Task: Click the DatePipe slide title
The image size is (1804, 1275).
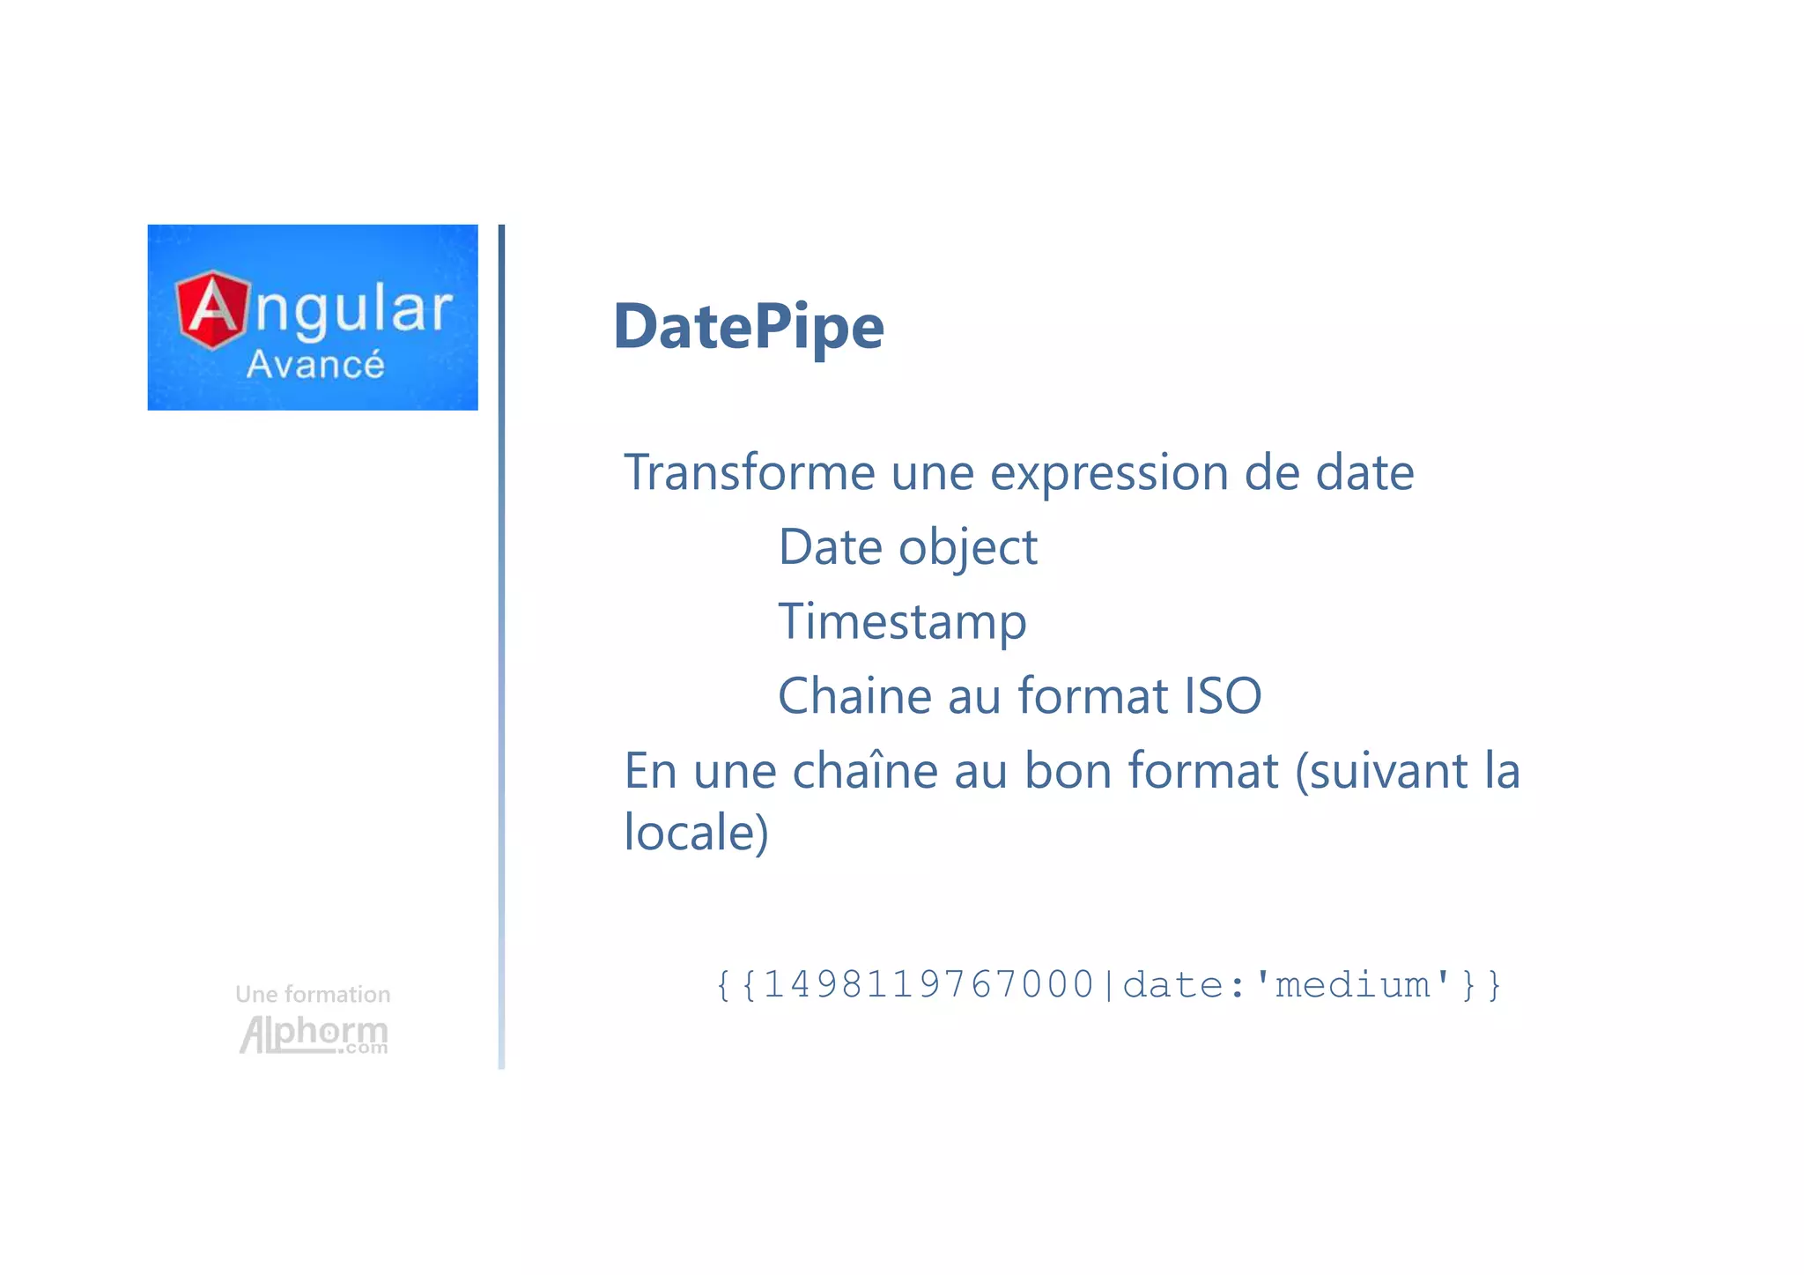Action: coord(748,327)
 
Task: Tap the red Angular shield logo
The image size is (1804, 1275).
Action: coord(212,309)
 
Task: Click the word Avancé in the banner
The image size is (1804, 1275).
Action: coord(315,365)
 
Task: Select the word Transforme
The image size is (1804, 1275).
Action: coord(749,472)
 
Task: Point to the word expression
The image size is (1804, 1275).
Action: coord(1108,474)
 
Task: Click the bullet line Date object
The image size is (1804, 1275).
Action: coord(907,548)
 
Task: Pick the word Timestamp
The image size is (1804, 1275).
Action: coord(902,622)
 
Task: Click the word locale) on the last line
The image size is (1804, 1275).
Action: coord(696,832)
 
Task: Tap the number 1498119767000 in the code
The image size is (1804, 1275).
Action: coord(928,984)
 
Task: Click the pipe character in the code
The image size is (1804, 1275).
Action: coord(1108,984)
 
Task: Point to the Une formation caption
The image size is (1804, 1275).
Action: coord(313,995)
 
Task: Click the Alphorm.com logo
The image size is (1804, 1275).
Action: coord(314,1034)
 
